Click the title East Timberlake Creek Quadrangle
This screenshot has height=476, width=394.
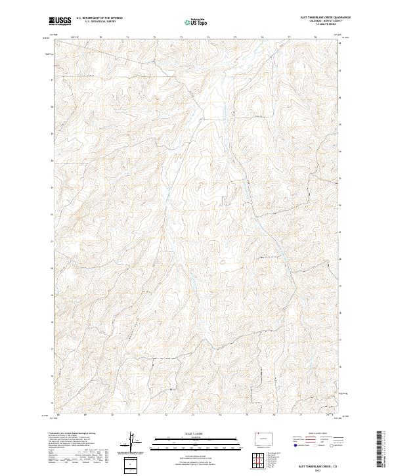click(320, 18)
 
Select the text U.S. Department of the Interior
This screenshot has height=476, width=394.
click(100, 18)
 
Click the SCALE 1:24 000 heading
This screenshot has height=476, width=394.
click(194, 434)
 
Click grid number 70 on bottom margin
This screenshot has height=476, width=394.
click(112, 415)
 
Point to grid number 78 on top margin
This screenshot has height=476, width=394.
click(316, 37)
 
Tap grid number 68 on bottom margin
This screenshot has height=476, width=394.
click(58, 415)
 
